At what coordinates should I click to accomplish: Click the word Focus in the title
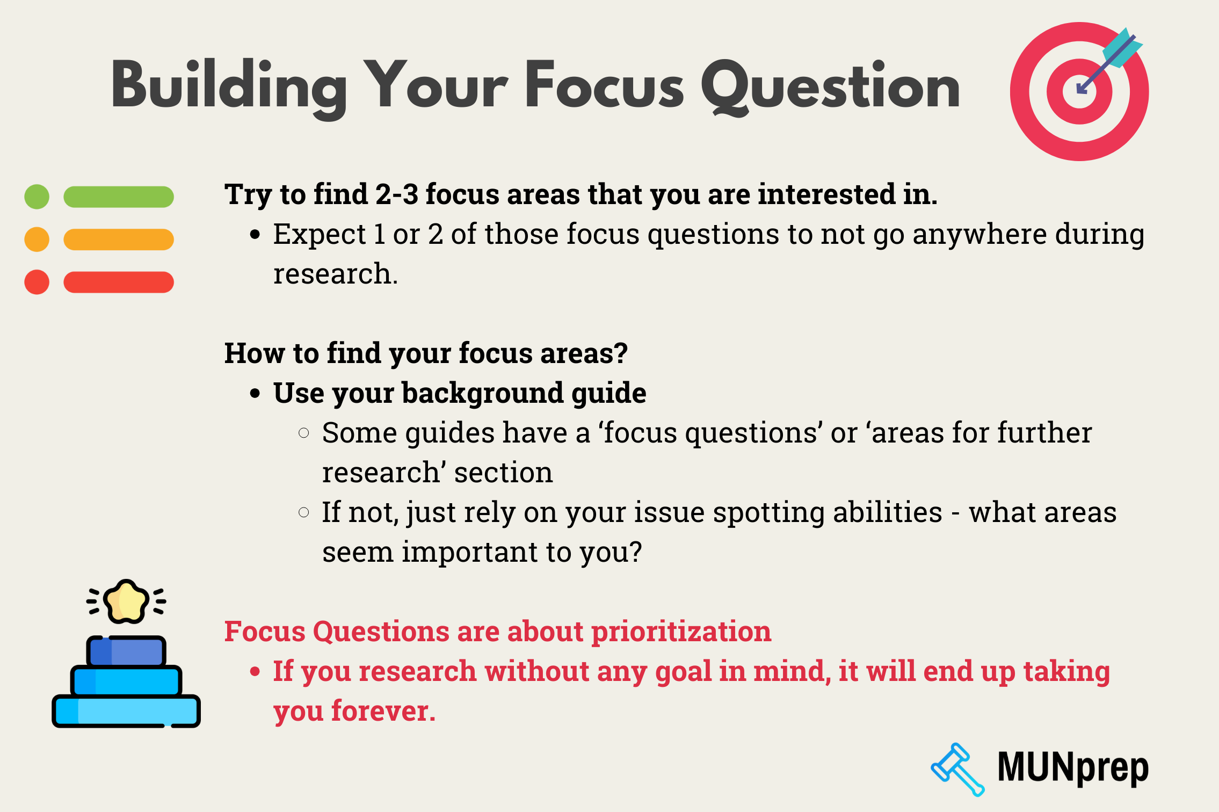point(604,86)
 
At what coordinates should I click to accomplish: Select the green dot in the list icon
point(37,197)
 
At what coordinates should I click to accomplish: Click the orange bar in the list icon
point(119,240)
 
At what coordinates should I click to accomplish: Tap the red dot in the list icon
point(37,282)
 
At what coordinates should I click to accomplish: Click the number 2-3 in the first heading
point(396,194)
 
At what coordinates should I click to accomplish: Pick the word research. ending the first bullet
point(335,274)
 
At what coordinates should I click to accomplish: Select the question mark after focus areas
point(621,353)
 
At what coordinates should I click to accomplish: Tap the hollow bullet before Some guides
point(304,433)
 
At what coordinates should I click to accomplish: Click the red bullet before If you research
point(255,671)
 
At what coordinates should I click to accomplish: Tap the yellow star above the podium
point(126,602)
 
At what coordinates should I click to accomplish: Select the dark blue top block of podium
point(126,651)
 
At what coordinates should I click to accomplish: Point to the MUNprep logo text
point(1072,768)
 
